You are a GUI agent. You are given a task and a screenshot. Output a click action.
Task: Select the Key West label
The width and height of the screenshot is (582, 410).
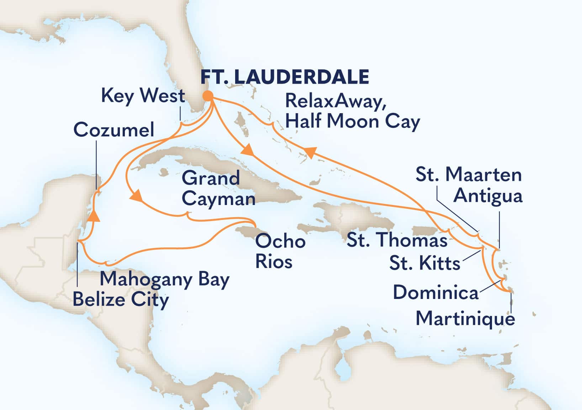(143, 96)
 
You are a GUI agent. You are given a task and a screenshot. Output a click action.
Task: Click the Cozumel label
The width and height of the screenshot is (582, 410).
(114, 130)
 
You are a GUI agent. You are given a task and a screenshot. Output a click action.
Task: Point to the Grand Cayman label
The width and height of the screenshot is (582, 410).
(218, 189)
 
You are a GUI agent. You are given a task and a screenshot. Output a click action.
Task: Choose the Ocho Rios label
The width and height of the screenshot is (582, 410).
(280, 251)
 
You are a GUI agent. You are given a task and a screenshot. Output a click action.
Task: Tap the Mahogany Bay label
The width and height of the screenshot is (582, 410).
(164, 279)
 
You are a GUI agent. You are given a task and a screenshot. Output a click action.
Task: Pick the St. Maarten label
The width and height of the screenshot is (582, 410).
(469, 175)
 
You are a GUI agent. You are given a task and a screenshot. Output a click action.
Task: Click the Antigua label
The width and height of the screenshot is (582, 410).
(488, 196)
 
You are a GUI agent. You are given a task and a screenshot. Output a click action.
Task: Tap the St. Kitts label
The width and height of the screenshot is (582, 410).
(425, 264)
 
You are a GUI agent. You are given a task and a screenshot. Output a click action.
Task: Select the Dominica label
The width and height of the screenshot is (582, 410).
(435, 293)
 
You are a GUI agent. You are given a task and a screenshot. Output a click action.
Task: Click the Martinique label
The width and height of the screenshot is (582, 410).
(465, 318)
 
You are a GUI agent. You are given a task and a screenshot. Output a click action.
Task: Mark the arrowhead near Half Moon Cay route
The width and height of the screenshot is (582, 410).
(309, 152)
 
